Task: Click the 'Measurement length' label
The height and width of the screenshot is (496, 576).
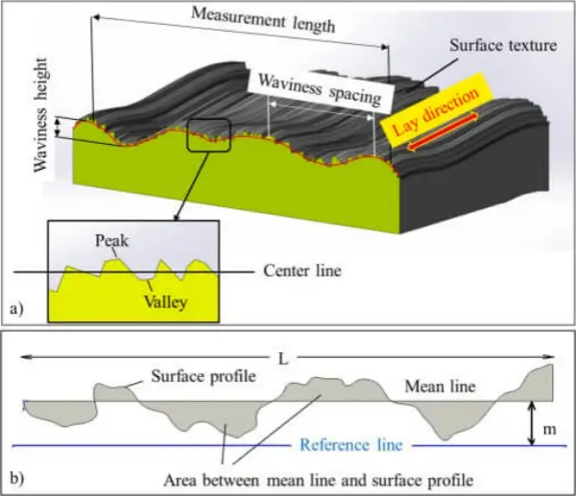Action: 263,20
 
